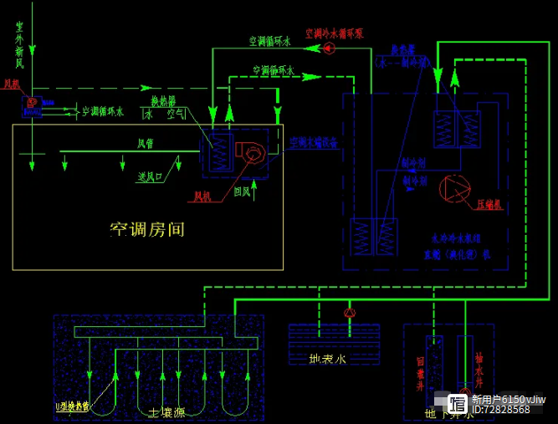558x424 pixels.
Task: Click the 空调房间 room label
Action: tap(147, 229)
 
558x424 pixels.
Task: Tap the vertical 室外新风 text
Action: tap(19, 45)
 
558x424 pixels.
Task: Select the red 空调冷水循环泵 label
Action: tap(334, 34)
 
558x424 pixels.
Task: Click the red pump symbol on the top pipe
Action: tap(328, 49)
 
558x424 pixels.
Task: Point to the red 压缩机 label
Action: tap(489, 204)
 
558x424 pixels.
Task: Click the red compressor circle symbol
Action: tap(454, 189)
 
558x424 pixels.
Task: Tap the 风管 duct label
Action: tap(146, 143)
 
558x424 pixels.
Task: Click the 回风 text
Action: tap(242, 192)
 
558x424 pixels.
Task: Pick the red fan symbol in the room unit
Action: tap(251, 151)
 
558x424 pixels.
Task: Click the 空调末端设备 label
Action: tap(314, 142)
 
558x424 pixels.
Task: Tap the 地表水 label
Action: tap(328, 359)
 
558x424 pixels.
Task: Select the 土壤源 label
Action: tap(166, 412)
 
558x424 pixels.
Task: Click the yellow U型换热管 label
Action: tap(72, 406)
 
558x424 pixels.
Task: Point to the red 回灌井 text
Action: tap(421, 374)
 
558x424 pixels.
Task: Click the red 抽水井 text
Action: tap(479, 368)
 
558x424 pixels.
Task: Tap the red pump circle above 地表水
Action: tap(350, 313)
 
